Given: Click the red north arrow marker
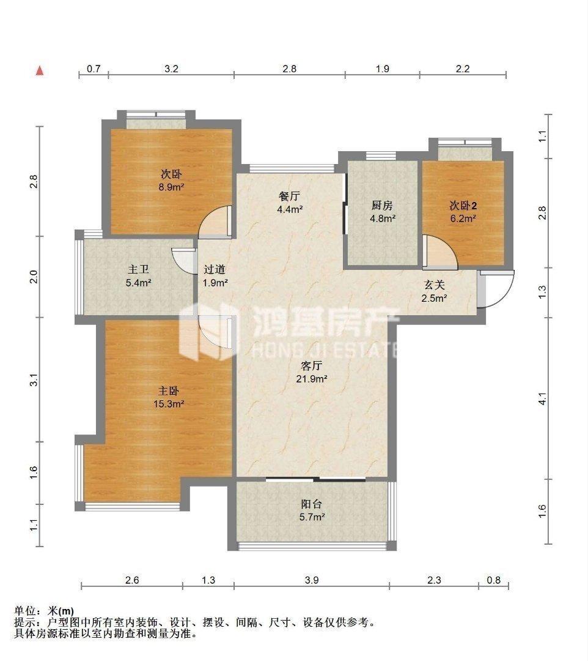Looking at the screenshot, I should (40, 70).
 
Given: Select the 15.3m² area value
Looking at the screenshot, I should (169, 403).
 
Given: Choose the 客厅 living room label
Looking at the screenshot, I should (312, 366).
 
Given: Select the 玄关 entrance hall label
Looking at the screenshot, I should (434, 285).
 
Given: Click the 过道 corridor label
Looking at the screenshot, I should (215, 269).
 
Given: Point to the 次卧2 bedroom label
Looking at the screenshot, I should (463, 205).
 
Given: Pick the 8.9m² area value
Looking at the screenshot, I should (172, 187).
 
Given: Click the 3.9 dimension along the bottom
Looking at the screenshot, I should (312, 581).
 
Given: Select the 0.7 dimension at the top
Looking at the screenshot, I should (94, 69).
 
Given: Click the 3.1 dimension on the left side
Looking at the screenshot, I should (35, 379).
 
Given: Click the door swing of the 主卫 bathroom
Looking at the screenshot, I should (182, 260).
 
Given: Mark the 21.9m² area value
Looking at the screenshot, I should (312, 379).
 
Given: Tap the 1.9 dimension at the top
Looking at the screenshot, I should (382, 69).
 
